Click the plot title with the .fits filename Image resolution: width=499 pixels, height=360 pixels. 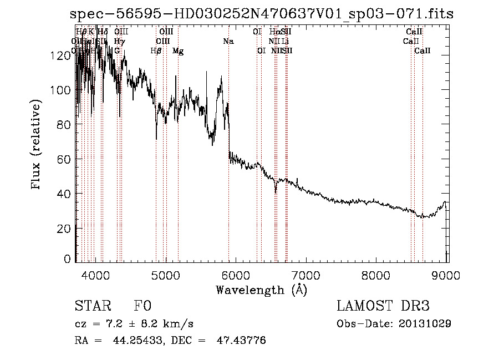tap(262, 14)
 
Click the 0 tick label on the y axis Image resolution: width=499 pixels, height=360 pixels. tap(69, 259)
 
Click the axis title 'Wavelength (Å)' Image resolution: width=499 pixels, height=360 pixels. tap(261, 290)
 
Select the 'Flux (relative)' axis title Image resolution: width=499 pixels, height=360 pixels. tap(37, 145)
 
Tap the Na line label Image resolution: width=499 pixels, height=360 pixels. tap(228, 41)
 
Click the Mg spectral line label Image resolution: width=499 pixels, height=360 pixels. tap(178, 50)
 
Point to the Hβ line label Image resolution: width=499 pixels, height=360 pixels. tap(156, 50)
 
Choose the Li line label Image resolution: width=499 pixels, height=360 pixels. tap(285, 41)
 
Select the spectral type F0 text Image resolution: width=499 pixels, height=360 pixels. tap(143, 306)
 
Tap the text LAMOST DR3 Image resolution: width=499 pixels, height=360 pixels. tap(383, 306)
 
